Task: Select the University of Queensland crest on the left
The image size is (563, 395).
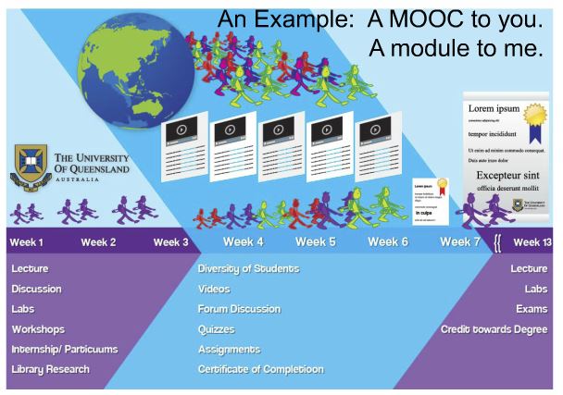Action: coord(32,167)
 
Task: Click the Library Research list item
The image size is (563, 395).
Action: coord(50,370)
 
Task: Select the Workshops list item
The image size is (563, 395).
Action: coord(41,329)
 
